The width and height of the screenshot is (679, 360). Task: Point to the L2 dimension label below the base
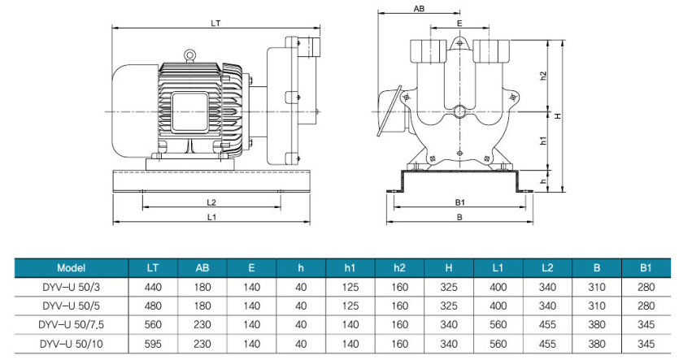pyautogui.click(x=211, y=202)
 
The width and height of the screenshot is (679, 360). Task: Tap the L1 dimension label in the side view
pyautogui.click(x=211, y=217)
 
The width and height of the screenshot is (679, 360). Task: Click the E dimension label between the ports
pyautogui.click(x=459, y=24)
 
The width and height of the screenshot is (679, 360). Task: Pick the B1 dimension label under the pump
pyautogui.click(x=459, y=202)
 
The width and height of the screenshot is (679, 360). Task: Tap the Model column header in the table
pyautogui.click(x=72, y=267)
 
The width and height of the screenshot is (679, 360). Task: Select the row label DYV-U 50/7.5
pyautogui.click(x=72, y=324)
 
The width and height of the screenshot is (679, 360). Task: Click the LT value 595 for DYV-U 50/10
pyautogui.click(x=153, y=343)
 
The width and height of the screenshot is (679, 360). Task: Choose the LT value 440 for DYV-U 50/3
pyautogui.click(x=153, y=287)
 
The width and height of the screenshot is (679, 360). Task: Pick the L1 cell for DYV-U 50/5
pyautogui.click(x=498, y=306)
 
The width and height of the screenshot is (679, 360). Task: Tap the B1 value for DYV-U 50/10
pyautogui.click(x=646, y=343)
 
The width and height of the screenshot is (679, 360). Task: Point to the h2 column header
pyautogui.click(x=399, y=267)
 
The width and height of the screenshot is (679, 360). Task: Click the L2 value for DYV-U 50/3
pyautogui.click(x=548, y=287)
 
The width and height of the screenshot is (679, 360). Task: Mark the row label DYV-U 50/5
pyautogui.click(x=72, y=306)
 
